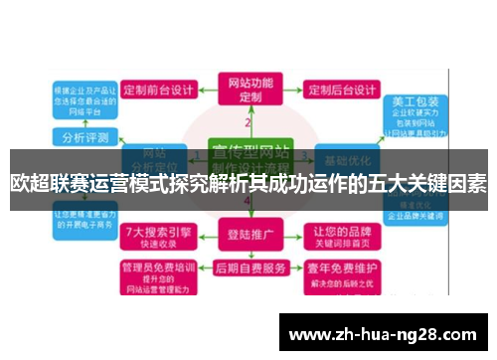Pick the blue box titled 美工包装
[410, 108]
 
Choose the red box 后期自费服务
[248, 270]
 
